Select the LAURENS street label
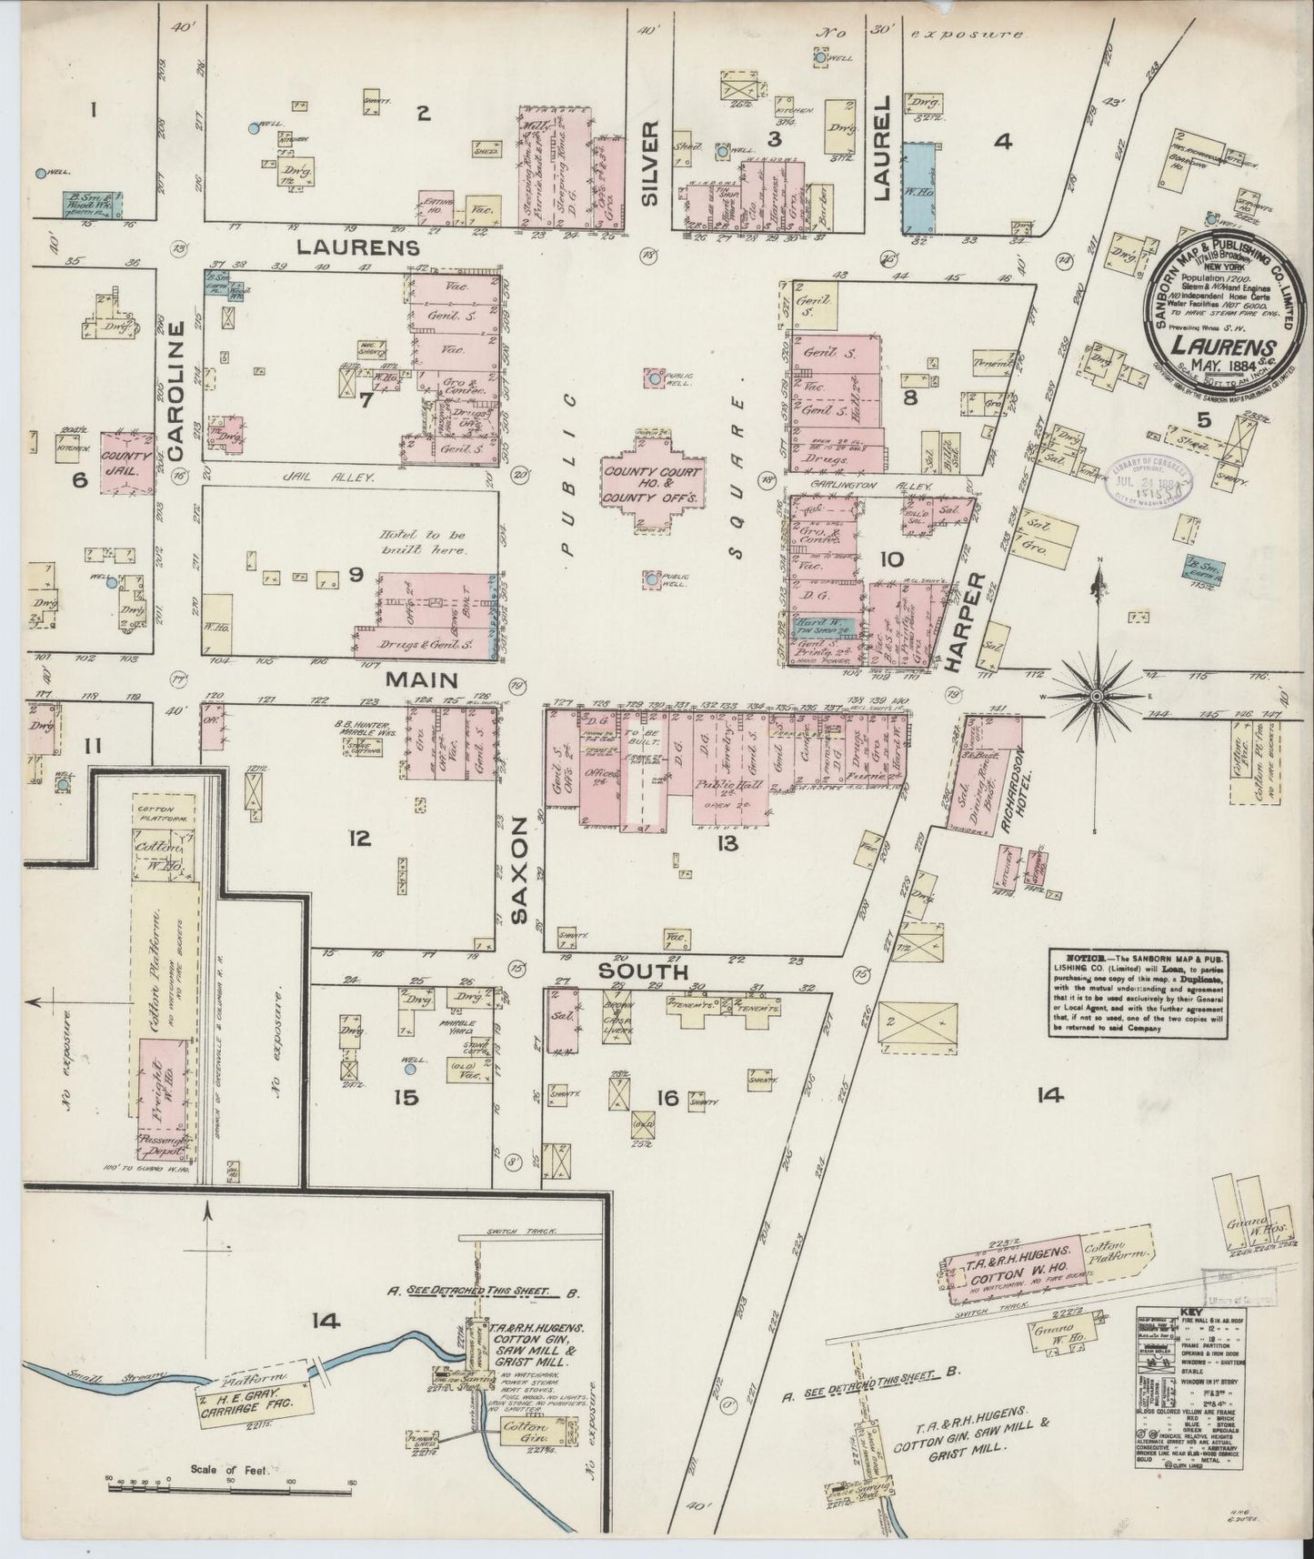coord(357,246)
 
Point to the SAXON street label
coord(519,870)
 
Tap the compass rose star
coord(1097,696)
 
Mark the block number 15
coord(406,1098)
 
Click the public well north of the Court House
coord(654,378)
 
